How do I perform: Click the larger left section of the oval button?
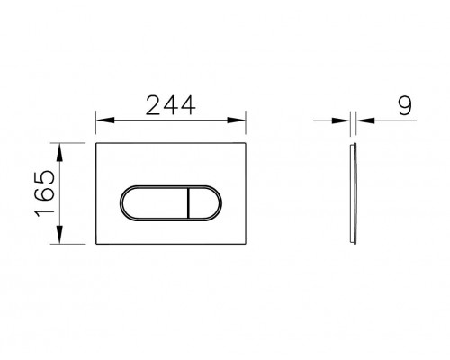coord(151,192)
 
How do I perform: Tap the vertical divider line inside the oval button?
coord(184,192)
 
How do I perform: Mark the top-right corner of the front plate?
coord(247,142)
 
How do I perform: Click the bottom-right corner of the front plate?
coord(247,244)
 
